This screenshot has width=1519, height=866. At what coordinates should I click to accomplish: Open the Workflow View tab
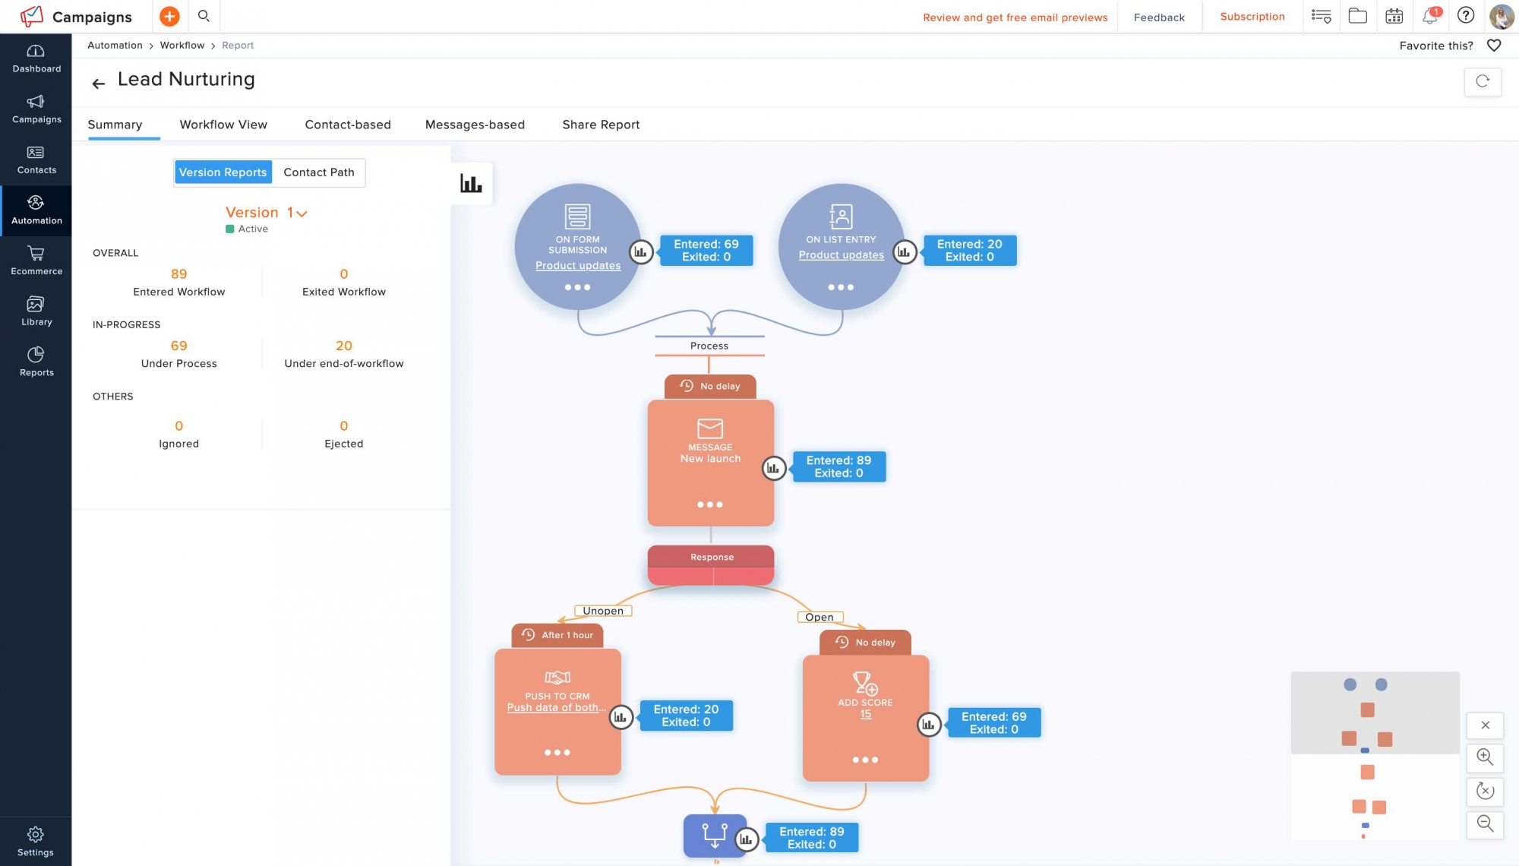click(223, 125)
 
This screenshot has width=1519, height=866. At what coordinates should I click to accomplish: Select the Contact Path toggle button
click(319, 172)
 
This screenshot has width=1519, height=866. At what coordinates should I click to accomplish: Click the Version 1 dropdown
click(266, 213)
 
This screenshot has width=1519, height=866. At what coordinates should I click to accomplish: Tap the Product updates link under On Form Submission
click(578, 266)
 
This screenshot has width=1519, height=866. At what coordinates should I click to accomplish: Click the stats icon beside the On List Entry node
click(904, 251)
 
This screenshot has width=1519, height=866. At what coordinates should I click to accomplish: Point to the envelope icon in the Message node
click(710, 428)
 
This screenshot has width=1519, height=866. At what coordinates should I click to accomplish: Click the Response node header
click(711, 557)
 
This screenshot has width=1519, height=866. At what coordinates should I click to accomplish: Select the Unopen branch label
click(603, 611)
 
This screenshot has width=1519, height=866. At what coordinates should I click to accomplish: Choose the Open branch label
click(820, 618)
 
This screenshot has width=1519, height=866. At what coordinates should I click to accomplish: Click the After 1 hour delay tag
click(558, 635)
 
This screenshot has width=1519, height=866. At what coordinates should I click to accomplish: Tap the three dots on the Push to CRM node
click(557, 753)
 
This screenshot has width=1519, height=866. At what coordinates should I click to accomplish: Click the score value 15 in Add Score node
click(866, 715)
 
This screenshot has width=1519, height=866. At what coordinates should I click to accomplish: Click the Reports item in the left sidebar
click(36, 362)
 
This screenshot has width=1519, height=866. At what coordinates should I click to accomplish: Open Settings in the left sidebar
click(36, 842)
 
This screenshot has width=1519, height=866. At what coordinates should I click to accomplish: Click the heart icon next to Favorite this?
click(1494, 46)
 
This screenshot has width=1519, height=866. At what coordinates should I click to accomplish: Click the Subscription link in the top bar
click(1252, 17)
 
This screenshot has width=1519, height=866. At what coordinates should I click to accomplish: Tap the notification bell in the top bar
click(1430, 16)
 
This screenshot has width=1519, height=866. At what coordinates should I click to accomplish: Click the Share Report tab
click(601, 125)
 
